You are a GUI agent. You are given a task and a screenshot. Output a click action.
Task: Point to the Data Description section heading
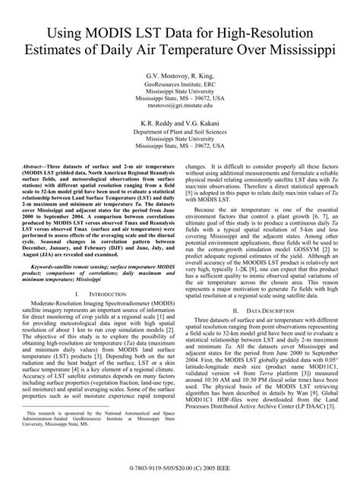coord(270,332)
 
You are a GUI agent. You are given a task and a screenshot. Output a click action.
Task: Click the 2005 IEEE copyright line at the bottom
coord(180,468)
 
